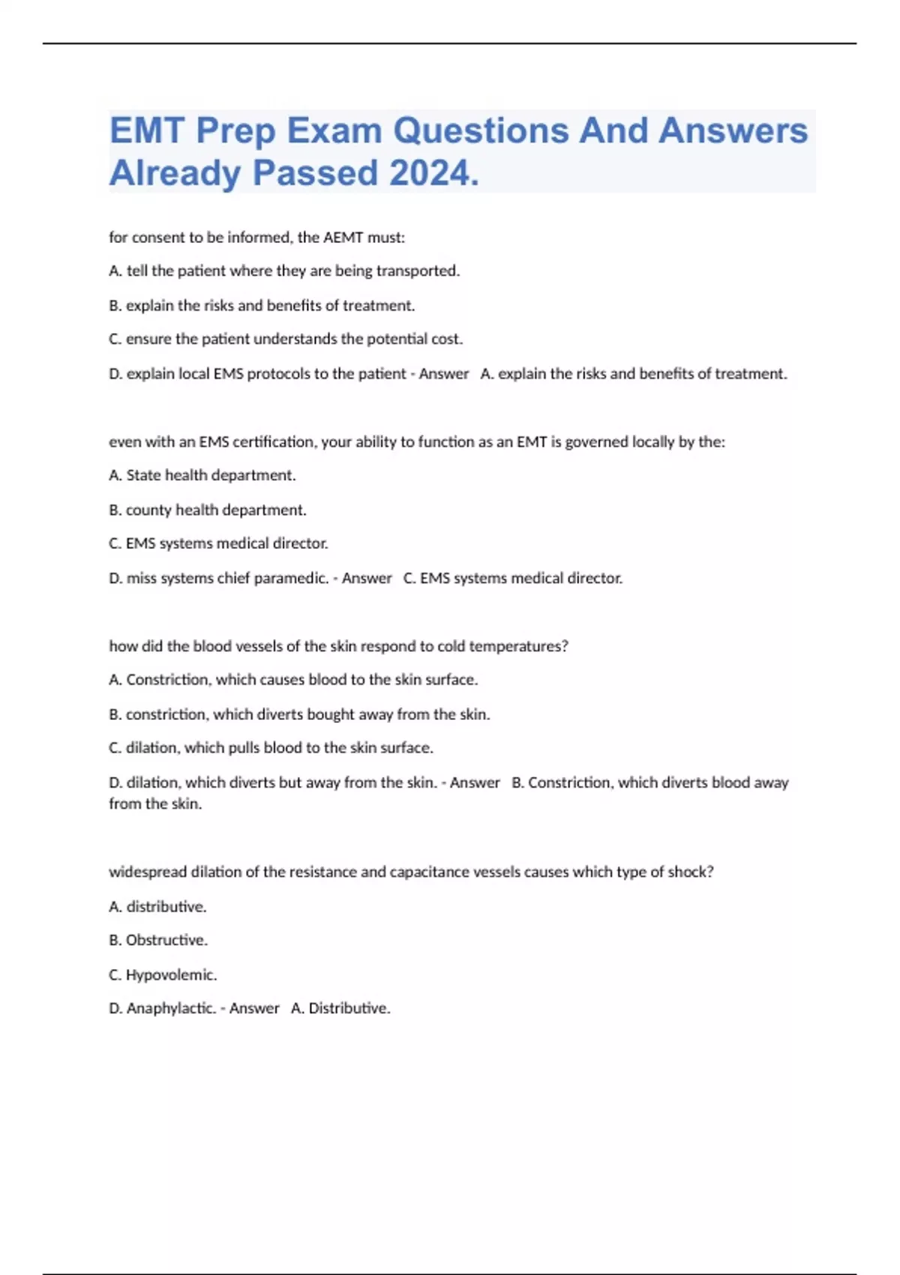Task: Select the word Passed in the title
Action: click(315, 173)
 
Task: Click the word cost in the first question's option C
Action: click(446, 339)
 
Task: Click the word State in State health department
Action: click(143, 475)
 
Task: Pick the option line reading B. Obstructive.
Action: click(158, 940)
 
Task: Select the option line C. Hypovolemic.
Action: click(163, 975)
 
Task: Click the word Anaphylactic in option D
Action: click(171, 1009)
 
